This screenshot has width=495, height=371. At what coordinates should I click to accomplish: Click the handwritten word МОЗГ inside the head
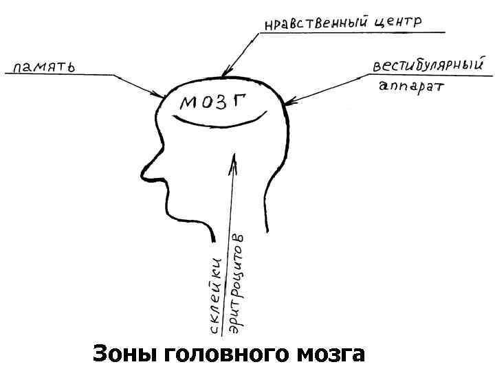pyautogui.click(x=214, y=103)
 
